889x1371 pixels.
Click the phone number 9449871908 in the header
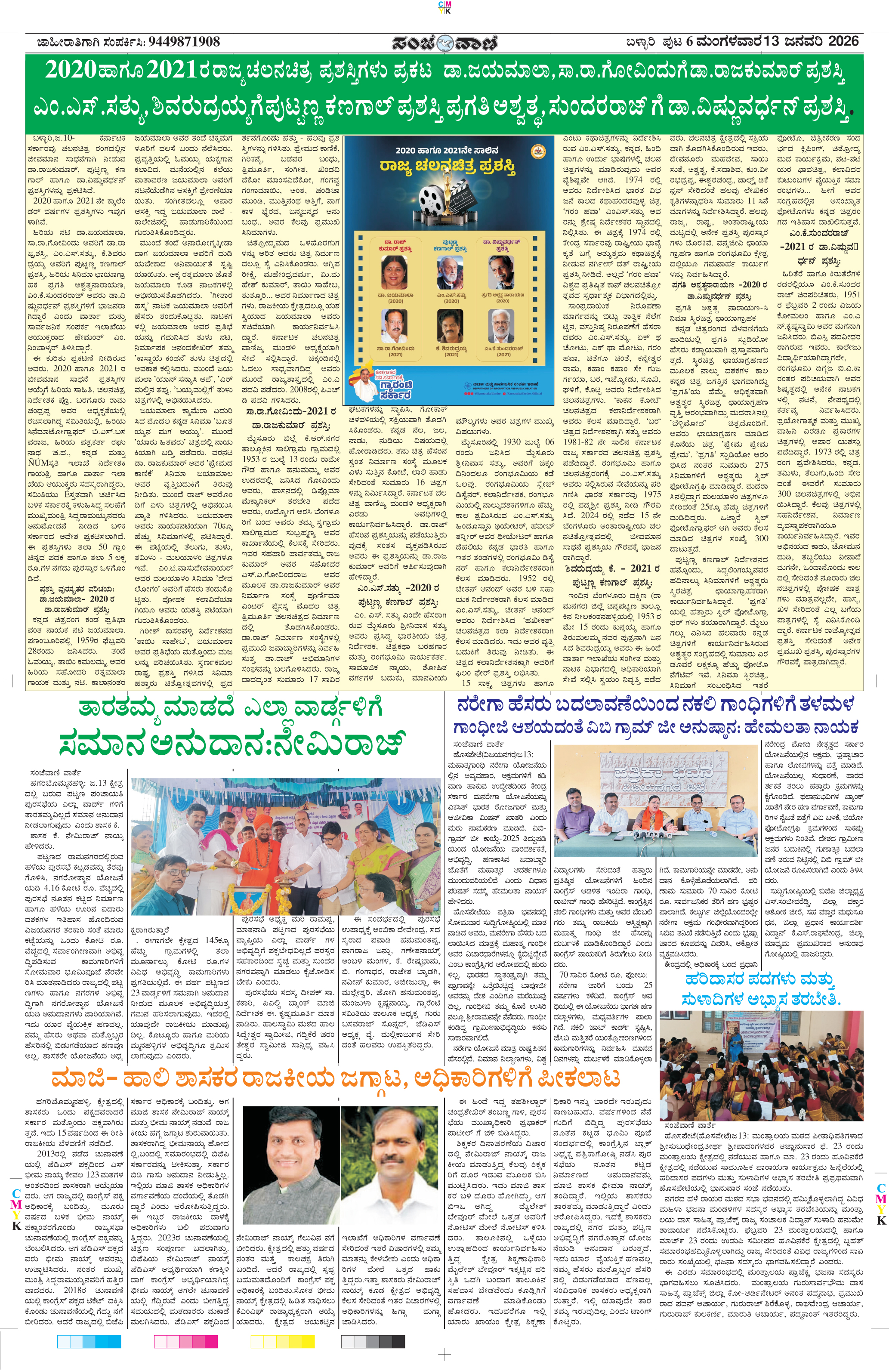tap(184, 41)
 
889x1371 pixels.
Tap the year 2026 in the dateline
tap(843, 41)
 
